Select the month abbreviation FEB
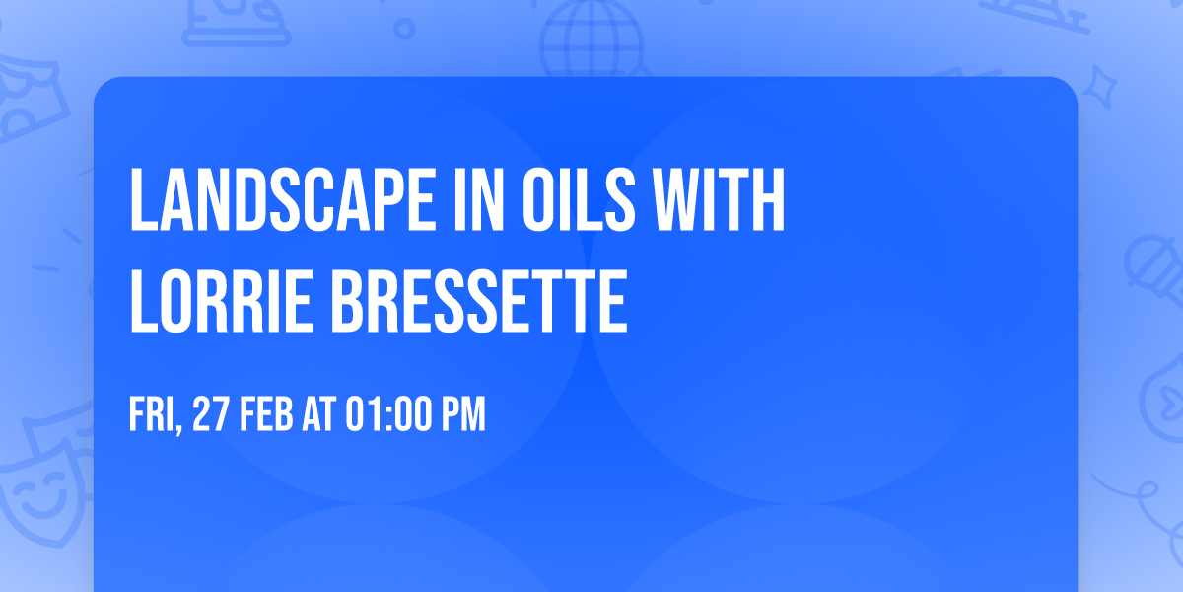point(269,415)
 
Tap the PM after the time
point(463,415)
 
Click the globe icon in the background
point(590,39)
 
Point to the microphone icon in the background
point(1149,261)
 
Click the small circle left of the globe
point(404,29)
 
